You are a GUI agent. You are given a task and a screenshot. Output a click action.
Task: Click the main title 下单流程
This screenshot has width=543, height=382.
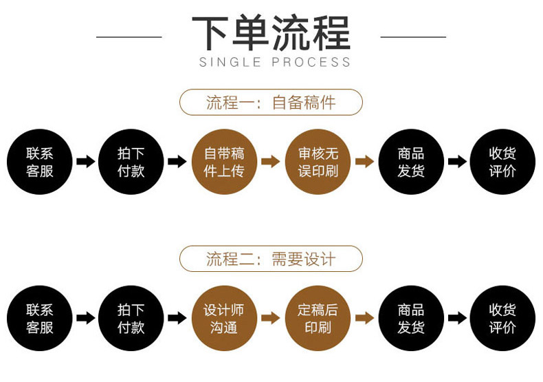[271, 33]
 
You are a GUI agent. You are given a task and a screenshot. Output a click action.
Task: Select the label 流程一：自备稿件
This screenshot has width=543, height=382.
[271, 103]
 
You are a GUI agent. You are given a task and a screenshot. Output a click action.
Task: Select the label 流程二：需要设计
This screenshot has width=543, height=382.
[271, 259]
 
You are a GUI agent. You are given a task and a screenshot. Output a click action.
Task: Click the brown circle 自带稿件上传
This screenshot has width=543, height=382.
[224, 162]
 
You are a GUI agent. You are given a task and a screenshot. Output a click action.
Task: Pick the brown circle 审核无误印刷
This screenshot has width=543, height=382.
[318, 162]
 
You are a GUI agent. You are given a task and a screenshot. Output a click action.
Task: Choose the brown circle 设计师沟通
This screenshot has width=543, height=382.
[224, 318]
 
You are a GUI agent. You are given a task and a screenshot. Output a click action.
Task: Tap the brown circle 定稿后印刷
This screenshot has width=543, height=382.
[318, 318]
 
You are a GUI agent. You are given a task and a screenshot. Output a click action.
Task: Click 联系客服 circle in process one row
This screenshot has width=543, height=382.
[40, 162]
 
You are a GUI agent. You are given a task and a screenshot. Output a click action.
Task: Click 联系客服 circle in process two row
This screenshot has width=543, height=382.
[40, 318]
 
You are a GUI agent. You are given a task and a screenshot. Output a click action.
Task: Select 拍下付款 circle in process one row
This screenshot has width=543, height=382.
[131, 162]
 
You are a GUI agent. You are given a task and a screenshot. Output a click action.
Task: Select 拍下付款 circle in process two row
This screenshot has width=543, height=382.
[131, 318]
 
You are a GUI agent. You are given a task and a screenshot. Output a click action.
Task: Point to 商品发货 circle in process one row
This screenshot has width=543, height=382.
[411, 162]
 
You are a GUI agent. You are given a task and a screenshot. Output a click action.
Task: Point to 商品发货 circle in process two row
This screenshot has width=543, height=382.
[411, 318]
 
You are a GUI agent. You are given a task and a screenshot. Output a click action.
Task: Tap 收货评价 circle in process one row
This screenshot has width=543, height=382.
[502, 162]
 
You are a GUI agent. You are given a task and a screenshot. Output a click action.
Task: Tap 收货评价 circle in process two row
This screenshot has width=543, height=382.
[502, 318]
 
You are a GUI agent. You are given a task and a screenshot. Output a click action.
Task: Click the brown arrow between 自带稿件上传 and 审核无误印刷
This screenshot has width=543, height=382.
[271, 162]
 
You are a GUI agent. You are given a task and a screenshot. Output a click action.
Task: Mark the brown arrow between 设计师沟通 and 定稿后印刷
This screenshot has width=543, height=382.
[271, 318]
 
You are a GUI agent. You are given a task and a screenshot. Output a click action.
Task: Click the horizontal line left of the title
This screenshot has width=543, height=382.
[129, 36]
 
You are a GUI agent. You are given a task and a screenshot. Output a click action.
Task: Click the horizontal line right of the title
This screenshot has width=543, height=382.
[413, 36]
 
